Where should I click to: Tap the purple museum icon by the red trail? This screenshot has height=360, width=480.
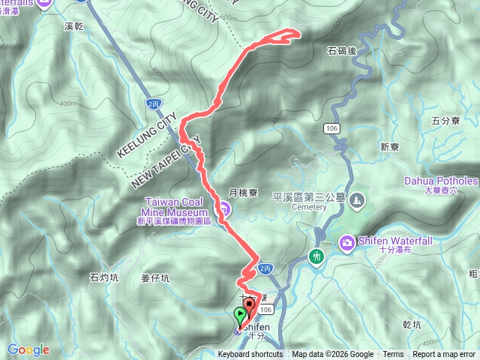(x=223, y=208)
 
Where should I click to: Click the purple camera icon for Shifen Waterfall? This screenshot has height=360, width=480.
(x=346, y=242)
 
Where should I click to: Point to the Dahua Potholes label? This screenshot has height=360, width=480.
(x=440, y=181)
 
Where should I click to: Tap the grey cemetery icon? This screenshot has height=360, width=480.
(x=357, y=200)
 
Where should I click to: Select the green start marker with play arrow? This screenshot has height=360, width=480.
(x=240, y=315)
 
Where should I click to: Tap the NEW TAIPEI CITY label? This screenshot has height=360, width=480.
(x=166, y=162)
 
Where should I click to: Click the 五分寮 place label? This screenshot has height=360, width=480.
(x=445, y=120)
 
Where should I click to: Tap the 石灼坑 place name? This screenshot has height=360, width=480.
(x=104, y=277)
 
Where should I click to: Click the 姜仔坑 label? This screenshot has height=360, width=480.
(x=155, y=277)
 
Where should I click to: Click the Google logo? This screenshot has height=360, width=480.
(x=28, y=349)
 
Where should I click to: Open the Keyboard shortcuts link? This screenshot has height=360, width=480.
(x=250, y=355)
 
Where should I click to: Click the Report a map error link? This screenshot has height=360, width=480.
(x=444, y=355)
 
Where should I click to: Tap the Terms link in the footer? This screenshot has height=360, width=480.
(x=393, y=355)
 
